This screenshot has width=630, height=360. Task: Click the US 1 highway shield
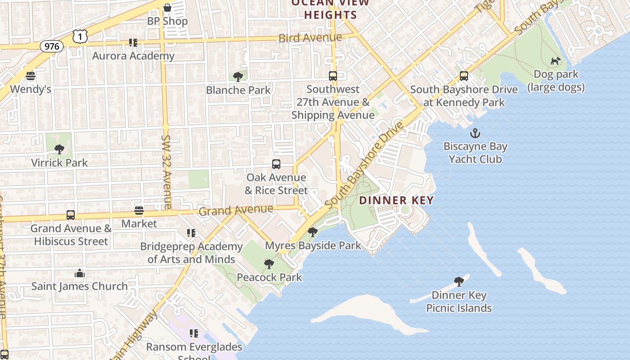coord(80,36)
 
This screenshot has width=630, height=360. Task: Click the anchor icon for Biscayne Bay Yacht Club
coord(475,133)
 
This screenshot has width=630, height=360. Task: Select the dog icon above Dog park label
coord(556,61)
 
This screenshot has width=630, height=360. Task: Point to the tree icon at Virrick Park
coord(59,149)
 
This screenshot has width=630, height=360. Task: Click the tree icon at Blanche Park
coord(238,77)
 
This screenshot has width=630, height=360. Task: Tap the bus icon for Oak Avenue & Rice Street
coord(276,164)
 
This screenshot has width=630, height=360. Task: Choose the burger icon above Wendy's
coord(31,76)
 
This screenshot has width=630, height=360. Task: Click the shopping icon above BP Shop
coord(167,8)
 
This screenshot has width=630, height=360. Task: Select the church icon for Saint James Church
coord(80,273)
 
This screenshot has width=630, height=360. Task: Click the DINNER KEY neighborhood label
coord(396,201)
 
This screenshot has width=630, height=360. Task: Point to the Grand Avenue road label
coord(236,210)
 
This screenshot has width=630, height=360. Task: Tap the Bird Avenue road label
coord(310,38)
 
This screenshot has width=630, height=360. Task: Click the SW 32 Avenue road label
coord(166,172)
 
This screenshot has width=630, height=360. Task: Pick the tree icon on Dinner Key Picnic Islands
coord(459,282)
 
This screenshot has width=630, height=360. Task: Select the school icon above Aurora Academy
coord(133,43)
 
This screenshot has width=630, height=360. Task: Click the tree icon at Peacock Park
coord(269,264)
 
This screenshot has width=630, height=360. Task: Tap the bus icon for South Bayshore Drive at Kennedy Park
coord(464,76)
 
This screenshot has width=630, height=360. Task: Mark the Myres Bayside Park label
coord(313,246)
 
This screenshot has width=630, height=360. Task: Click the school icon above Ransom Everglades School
coord(194,333)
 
